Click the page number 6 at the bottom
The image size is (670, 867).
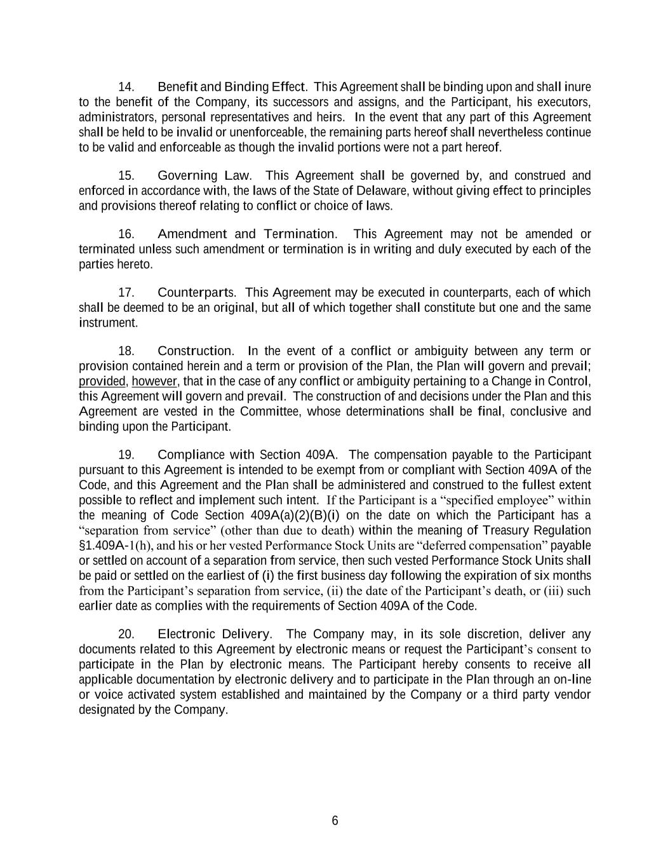[335, 821]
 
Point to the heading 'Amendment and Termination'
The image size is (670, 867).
[247, 234]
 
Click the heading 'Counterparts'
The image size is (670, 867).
[196, 292]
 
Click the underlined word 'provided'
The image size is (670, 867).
[102, 381]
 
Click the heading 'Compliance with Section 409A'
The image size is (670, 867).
[247, 455]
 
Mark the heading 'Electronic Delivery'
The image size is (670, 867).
[214, 634]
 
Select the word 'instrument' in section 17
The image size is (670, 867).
[107, 323]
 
